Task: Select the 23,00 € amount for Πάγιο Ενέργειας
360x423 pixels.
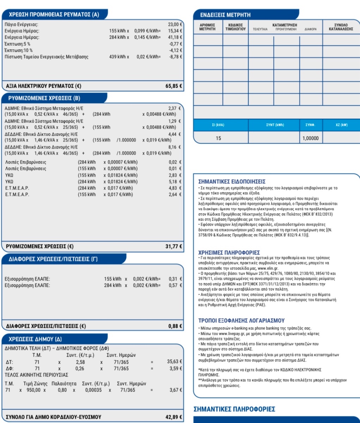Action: click(x=175, y=25)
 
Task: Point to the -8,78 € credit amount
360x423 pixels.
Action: click(x=175, y=57)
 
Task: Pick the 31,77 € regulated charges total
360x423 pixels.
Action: click(x=174, y=246)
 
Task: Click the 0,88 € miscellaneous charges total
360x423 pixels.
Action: click(x=175, y=326)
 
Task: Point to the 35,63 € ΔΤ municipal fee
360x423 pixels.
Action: click(x=175, y=362)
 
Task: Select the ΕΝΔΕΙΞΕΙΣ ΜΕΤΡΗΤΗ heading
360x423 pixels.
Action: click(x=225, y=15)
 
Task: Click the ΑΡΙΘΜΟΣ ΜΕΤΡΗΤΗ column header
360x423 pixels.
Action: click(x=208, y=27)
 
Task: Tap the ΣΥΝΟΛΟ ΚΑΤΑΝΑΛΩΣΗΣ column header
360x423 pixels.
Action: click(x=341, y=27)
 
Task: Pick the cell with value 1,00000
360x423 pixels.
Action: click(x=311, y=138)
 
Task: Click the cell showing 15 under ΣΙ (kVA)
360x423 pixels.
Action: click(x=218, y=138)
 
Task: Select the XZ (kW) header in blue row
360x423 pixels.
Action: click(x=341, y=125)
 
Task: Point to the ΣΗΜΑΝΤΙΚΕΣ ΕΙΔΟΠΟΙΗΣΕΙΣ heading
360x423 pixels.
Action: click(x=234, y=182)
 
